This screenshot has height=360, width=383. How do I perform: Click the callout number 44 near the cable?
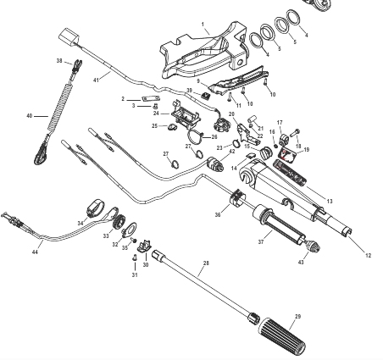35,252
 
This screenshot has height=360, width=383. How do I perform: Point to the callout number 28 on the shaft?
204,263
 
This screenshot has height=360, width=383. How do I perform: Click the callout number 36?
217,215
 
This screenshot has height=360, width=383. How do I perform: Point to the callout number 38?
59,61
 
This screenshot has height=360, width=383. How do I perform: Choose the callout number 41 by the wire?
96,78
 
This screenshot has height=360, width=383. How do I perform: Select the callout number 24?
155,113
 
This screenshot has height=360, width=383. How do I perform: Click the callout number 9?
197,81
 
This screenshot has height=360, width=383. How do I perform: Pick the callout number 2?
123,99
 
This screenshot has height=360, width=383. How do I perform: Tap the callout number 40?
30,115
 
